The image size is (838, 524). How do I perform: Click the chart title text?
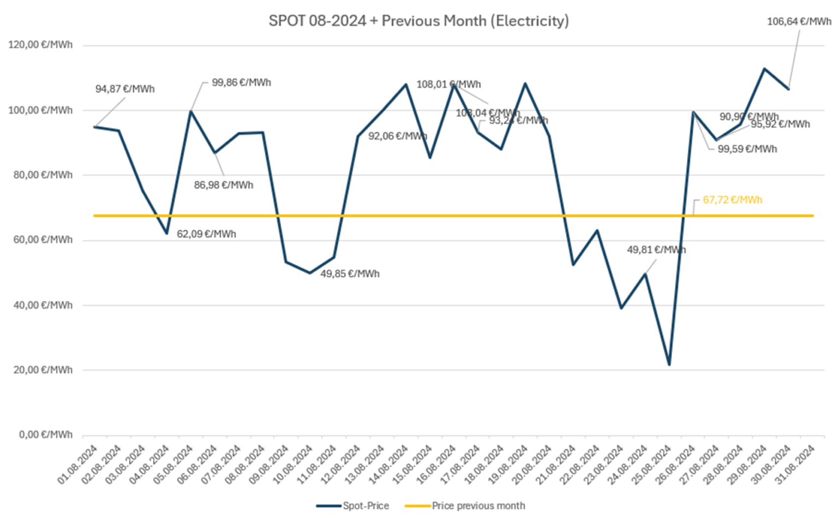coord(418,21)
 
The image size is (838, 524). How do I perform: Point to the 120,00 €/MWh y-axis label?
coord(40,45)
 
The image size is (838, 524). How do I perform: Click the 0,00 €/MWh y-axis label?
coord(46,434)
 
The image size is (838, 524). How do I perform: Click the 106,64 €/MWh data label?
coord(799,22)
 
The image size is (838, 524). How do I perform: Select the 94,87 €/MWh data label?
coord(125,89)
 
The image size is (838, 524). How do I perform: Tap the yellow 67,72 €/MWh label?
coord(732,200)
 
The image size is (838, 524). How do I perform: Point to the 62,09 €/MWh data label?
coord(206,234)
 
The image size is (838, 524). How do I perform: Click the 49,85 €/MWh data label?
coord(350,274)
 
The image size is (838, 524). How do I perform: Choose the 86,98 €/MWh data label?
coord(224,186)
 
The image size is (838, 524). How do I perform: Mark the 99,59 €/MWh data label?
coord(747,149)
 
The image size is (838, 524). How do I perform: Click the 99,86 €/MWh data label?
coord(241,83)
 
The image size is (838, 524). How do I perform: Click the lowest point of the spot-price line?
coord(669,365)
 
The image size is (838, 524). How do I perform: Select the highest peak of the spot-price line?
coord(764,69)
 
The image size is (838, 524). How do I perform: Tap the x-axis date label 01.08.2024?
coord(77,465)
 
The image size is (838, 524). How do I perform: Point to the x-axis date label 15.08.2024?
coord(412,465)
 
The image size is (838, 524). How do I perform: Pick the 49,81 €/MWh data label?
coord(656,250)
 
